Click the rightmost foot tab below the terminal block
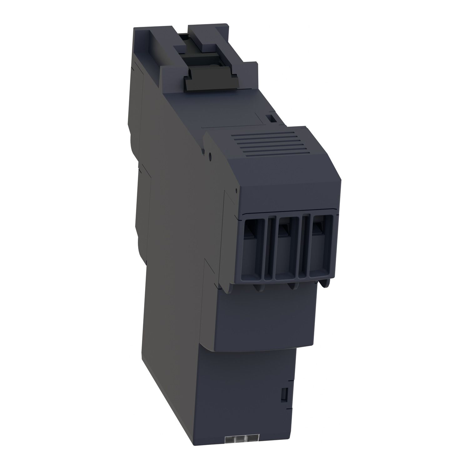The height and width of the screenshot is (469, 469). point(325,283)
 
